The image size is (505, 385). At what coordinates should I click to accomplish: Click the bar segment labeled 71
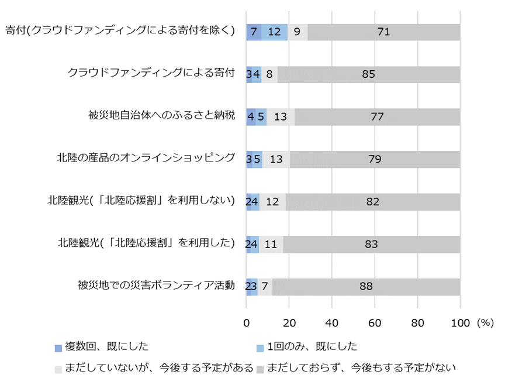point(383,32)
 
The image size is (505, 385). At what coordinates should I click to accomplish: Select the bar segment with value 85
point(368,74)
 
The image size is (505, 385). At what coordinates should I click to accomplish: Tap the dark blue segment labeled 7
point(254,32)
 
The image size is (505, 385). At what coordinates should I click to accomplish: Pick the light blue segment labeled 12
point(274,32)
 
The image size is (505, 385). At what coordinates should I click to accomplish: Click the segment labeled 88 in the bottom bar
point(366,287)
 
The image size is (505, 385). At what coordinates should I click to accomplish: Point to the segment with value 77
point(377,117)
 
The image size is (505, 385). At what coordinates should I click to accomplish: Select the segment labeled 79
point(375,159)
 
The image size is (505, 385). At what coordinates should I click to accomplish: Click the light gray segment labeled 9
point(298,32)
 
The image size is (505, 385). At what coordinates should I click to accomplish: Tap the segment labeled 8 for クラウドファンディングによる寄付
point(269,74)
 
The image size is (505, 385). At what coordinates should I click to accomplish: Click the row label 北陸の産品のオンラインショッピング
point(146,158)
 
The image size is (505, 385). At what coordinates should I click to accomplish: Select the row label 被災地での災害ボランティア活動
point(156,286)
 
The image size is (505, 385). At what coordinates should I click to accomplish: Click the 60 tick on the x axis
point(375,322)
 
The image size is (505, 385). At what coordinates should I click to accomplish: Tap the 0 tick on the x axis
point(247,322)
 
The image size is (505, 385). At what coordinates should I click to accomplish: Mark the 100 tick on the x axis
point(460,322)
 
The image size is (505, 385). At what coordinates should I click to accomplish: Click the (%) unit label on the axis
point(485,322)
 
